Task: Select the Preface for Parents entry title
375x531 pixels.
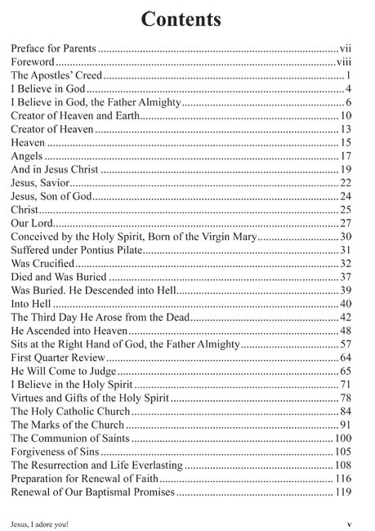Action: pos(55,49)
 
